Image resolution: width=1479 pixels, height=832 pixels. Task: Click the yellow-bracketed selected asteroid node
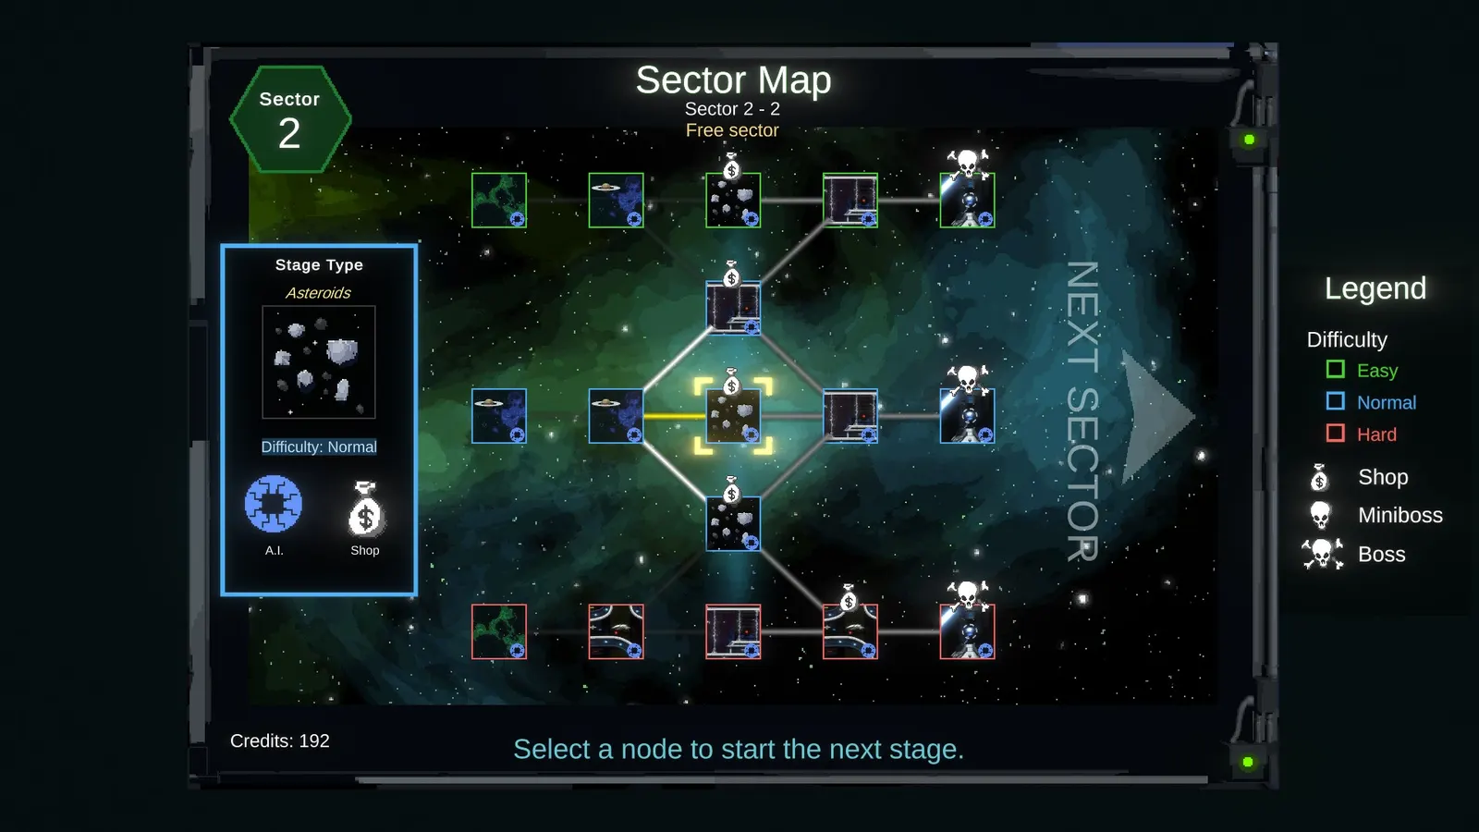click(733, 416)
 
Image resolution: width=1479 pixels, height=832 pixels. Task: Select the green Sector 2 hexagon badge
click(290, 119)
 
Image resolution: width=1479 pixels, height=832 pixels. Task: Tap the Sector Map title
click(733, 80)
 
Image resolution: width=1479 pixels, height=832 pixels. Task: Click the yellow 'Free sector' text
click(732, 130)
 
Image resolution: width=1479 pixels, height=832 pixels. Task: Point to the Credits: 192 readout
click(280, 740)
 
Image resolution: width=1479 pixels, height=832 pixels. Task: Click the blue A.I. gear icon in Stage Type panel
click(274, 504)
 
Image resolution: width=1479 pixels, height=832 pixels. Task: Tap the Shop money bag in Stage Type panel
click(365, 509)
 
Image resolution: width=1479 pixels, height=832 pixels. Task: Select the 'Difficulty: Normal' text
click(319, 447)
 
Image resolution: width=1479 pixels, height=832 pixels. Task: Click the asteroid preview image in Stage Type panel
click(319, 361)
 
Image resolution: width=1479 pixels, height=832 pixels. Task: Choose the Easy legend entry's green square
click(1335, 369)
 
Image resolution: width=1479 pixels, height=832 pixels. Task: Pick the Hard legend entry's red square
click(1335, 434)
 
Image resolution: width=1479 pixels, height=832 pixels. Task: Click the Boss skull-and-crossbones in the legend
click(1323, 554)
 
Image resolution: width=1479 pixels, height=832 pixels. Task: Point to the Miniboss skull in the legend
click(1321, 515)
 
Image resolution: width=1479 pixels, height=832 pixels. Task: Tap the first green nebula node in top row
click(499, 200)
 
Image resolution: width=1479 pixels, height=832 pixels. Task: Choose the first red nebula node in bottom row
click(499, 631)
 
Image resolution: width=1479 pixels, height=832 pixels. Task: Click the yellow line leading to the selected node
click(675, 416)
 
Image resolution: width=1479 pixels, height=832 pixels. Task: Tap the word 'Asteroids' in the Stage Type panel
click(318, 292)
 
